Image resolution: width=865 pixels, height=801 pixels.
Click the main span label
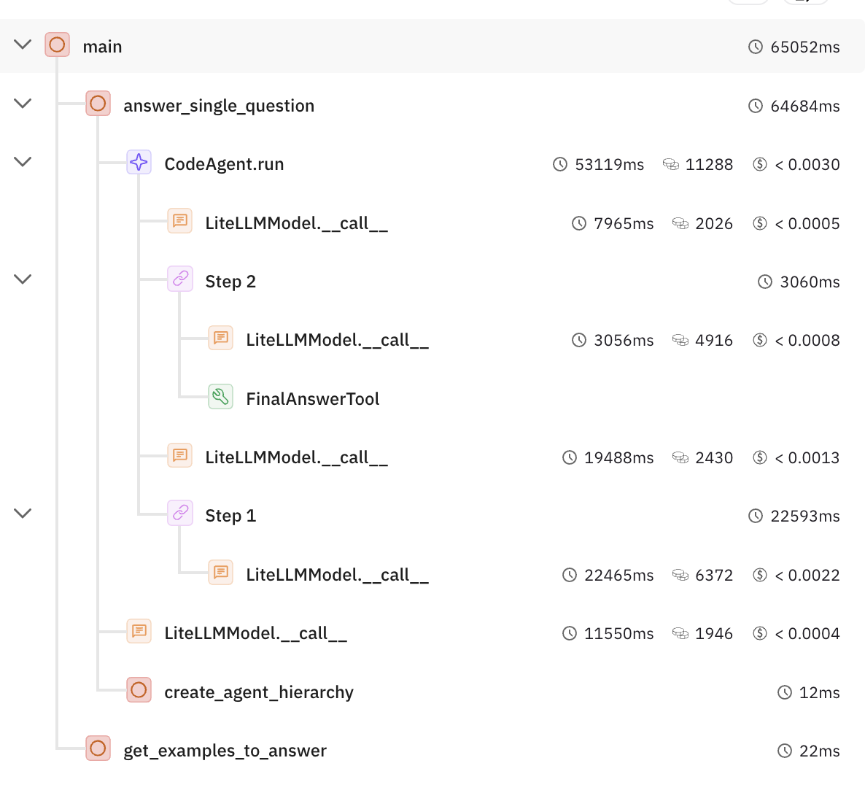102,47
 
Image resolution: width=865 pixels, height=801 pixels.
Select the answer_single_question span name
219,106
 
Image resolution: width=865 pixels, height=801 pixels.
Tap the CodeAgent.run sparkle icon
139,162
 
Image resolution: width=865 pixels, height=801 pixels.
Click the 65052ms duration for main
805,47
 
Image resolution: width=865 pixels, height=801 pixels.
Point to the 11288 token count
709,165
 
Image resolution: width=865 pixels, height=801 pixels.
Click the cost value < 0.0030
807,165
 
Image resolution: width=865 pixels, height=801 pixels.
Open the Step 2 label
230,282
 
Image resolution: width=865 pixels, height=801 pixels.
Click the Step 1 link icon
180,514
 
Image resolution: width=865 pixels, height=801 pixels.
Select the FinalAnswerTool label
312,399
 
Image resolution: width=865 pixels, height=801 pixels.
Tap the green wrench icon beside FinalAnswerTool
220,397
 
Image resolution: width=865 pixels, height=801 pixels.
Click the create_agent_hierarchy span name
259,692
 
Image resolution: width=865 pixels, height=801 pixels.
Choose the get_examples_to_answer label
225,751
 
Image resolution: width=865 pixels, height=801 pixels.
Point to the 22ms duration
819,751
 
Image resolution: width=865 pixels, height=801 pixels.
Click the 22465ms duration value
618,576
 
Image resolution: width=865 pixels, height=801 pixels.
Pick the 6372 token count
714,576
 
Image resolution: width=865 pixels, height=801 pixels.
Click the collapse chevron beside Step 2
23,279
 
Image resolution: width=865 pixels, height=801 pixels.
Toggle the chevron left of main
23,44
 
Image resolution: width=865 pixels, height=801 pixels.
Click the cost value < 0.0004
807,634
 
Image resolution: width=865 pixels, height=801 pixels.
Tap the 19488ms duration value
618,458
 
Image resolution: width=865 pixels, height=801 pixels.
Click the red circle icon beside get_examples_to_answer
98,748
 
